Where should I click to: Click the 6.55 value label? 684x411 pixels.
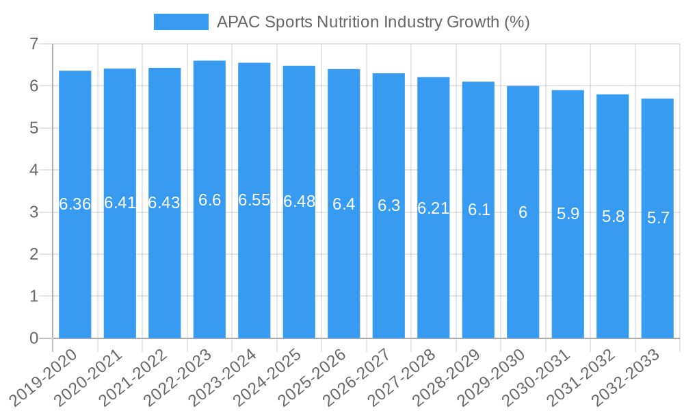(254, 200)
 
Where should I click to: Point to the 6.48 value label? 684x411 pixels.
(299, 201)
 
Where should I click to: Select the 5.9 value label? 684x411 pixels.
(568, 214)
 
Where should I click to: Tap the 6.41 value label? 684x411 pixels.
(120, 203)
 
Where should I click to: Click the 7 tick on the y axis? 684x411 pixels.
(34, 45)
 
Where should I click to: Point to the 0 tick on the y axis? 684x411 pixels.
(34, 338)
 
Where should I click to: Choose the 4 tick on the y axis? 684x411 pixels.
(34, 171)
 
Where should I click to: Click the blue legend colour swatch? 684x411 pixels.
(181, 22)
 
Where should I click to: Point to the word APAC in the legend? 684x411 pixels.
(235, 22)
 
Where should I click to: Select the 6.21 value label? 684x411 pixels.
(434, 208)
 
